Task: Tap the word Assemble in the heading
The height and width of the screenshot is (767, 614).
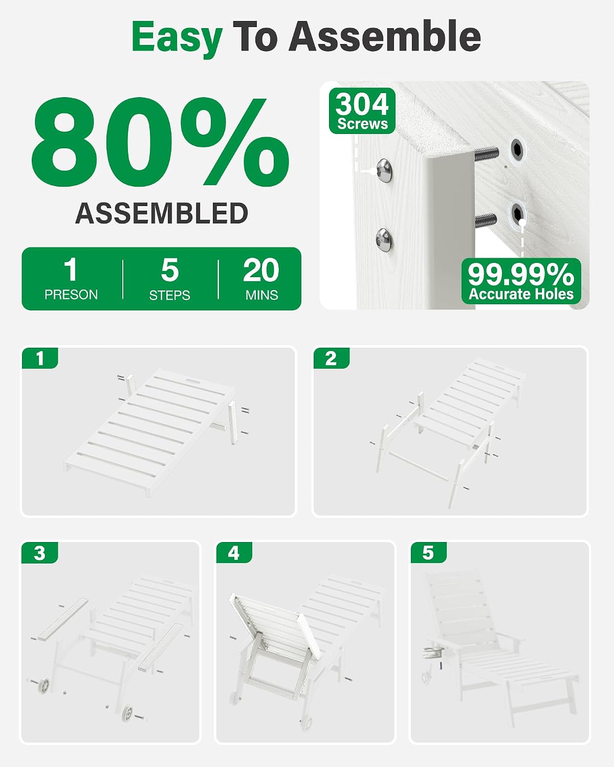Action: (385, 36)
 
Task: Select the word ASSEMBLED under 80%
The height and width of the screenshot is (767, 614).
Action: (162, 213)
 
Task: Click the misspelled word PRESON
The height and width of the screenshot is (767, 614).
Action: (71, 295)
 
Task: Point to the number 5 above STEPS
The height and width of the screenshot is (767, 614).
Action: (169, 270)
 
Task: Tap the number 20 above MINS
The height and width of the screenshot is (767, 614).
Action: (261, 270)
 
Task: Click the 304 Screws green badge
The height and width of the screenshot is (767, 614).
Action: (362, 111)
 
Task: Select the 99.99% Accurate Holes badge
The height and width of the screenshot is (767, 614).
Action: (521, 281)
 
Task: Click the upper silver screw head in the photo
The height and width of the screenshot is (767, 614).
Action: (384, 171)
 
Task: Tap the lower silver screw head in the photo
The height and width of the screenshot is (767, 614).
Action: (384, 240)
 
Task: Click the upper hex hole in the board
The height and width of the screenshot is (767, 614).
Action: (517, 149)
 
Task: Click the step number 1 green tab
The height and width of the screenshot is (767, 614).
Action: (40, 358)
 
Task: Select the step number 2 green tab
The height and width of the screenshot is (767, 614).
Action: (332, 358)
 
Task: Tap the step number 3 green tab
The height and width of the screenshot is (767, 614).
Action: (39, 553)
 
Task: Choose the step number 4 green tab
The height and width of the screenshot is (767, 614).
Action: (234, 553)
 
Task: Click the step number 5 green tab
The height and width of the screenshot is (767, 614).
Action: (428, 553)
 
